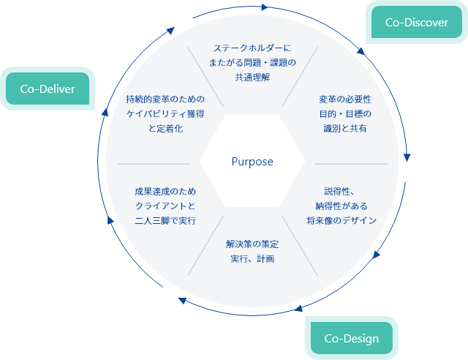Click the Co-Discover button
[416, 22]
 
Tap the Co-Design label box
[351, 338]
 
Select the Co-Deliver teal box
[48, 89]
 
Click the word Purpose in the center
[252, 162]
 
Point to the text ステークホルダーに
[252, 48]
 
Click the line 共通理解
[252, 77]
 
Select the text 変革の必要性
[345, 99]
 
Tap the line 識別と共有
[345, 128]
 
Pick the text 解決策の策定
[252, 244]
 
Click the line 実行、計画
[252, 258]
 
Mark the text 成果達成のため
[165, 191]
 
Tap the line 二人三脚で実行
[165, 220]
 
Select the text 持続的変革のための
[165, 99]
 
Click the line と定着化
[165, 128]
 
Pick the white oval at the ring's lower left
[167, 296]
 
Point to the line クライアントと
[165, 206]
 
